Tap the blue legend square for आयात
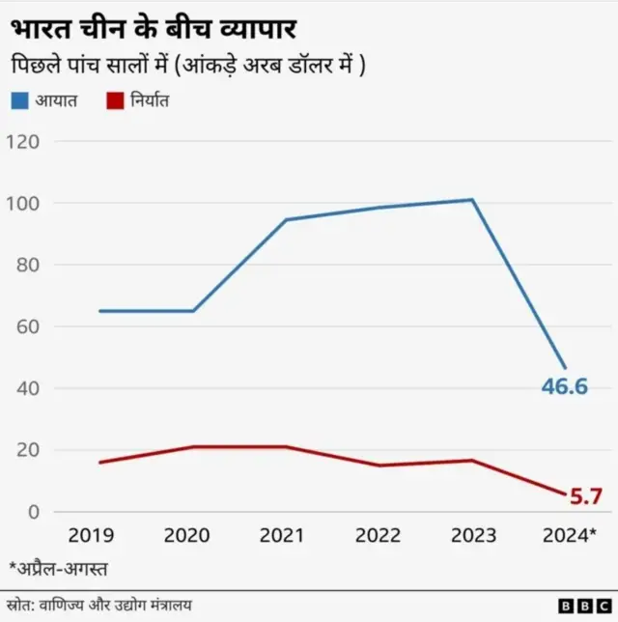[20, 99]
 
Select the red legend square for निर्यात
[113, 99]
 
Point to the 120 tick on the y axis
[23, 142]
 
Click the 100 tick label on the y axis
[23, 204]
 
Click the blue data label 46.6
[566, 387]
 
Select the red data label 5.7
[582, 497]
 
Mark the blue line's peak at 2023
[473, 200]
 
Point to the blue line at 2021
[286, 220]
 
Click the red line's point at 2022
[379, 466]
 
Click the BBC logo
[577, 605]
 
